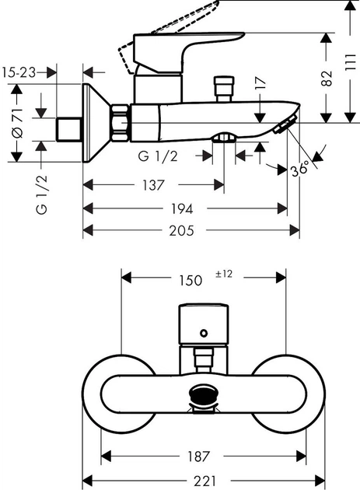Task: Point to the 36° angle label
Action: coord(299,168)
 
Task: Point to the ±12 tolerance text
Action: coord(224,274)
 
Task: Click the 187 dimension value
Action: coord(204,457)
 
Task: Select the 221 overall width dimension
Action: coord(204,481)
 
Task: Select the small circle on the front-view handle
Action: coord(204,333)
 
